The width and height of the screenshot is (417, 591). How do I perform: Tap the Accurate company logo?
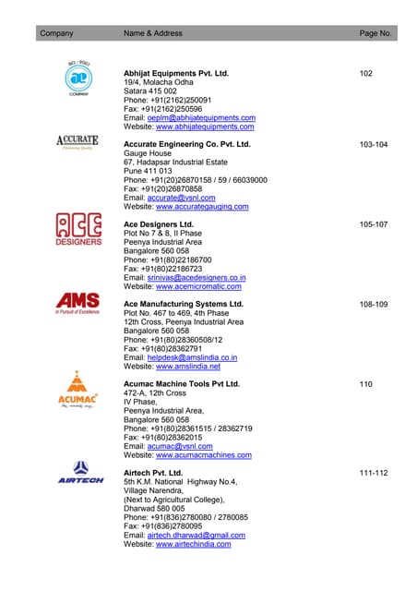[x=78, y=143]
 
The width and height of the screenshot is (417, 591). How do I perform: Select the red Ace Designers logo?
[x=79, y=228]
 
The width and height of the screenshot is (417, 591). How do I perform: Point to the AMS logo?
[x=78, y=304]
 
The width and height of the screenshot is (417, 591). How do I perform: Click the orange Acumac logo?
[x=78, y=390]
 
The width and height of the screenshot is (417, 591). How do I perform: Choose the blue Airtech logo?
[x=80, y=472]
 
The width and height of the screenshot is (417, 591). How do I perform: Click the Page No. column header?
[x=375, y=33]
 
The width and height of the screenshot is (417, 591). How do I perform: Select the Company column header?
[x=56, y=33]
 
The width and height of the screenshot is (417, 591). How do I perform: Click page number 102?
[x=366, y=73]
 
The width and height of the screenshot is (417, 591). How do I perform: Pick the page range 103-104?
[x=374, y=145]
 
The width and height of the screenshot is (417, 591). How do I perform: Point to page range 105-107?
[x=374, y=224]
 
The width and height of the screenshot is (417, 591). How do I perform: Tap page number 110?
[x=366, y=383]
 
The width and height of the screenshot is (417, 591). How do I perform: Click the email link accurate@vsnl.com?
[x=188, y=198]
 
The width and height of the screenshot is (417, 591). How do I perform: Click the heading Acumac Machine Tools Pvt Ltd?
[x=182, y=383]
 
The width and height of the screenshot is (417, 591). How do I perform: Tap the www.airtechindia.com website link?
[x=193, y=545]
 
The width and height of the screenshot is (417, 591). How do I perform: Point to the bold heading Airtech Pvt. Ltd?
[x=153, y=473]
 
